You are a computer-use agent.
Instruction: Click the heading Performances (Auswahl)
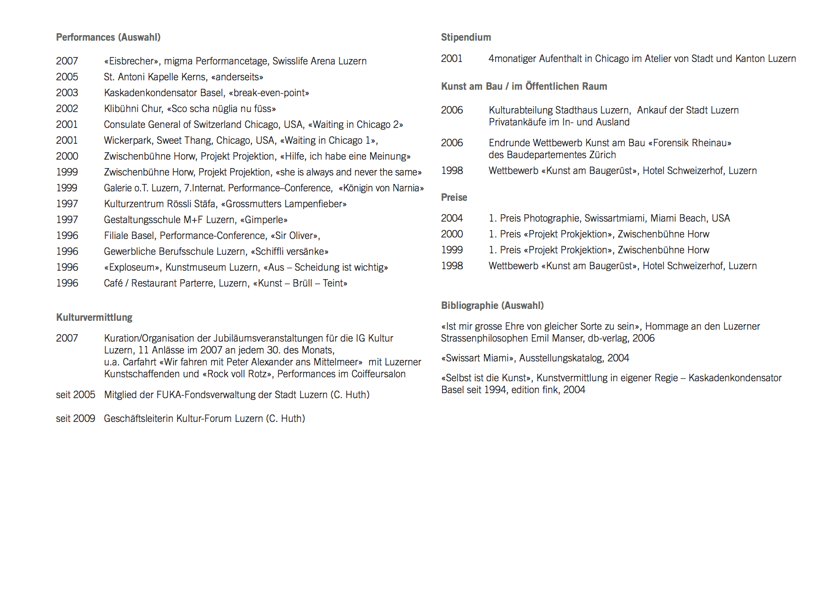coord(108,37)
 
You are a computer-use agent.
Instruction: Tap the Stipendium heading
coord(466,37)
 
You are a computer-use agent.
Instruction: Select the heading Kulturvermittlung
coord(94,317)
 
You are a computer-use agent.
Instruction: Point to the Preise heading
coord(454,197)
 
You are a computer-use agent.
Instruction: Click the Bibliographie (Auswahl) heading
coord(492,305)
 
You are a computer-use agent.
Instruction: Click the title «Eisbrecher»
coord(131,61)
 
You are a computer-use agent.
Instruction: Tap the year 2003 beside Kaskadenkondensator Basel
coord(67,93)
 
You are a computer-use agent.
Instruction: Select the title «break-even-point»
coord(269,93)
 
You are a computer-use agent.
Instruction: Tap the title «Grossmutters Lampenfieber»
coord(284,204)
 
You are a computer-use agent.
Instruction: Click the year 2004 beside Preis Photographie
coord(452,218)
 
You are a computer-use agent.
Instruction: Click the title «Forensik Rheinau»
coord(690,143)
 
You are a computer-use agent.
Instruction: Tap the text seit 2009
coord(75,418)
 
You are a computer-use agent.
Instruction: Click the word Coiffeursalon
coord(379,374)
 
